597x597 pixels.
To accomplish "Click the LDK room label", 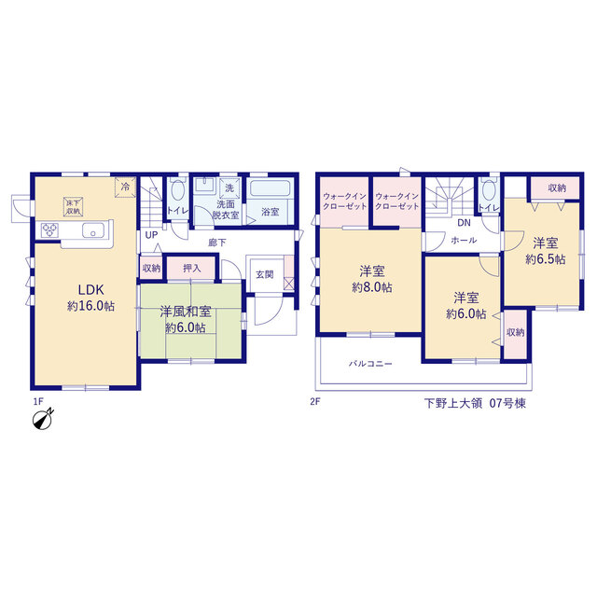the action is pos(91,290).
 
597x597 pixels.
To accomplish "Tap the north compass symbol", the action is pos(43,419).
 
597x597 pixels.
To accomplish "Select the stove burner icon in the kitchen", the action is pos(49,230).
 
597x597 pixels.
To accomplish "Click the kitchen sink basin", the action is pos(93,230).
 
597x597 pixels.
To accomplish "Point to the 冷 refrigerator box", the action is pos(125,187).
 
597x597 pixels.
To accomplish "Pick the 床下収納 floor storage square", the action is pos(73,206).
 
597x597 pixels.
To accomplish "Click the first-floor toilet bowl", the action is pos(177,190).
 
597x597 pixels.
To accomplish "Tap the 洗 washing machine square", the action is pos(230,187).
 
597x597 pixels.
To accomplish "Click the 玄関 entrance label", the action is pos(265,274).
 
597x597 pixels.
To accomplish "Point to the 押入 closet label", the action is pos(191,269).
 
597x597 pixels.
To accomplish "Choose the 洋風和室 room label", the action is pos(186,312).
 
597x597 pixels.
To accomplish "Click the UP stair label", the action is pos(151,235).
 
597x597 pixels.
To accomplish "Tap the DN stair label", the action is pos(464,223).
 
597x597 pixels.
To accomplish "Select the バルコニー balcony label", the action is pos(370,364).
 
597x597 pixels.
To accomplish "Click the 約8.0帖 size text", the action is pos(372,287).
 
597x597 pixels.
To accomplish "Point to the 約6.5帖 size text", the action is pos(545,259).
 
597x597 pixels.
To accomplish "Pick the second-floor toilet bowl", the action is pos(489,190).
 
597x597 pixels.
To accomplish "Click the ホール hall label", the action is pos(464,241).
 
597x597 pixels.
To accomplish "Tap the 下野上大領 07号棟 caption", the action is pos(475,403).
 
